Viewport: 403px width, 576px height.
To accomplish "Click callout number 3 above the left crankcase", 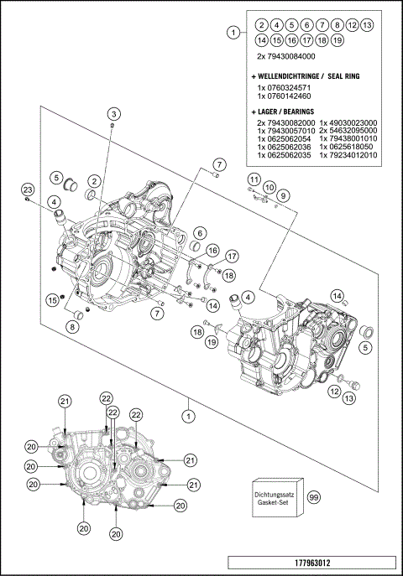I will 112,113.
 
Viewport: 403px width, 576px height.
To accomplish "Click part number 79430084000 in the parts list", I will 292,55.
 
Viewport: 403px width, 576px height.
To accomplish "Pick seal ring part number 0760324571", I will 285,88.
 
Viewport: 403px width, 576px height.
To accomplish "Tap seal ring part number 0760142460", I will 285,97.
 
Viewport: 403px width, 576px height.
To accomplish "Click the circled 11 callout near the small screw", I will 253,179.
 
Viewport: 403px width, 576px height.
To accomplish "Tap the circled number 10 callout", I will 269,187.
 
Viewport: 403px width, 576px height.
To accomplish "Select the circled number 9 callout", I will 284,195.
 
